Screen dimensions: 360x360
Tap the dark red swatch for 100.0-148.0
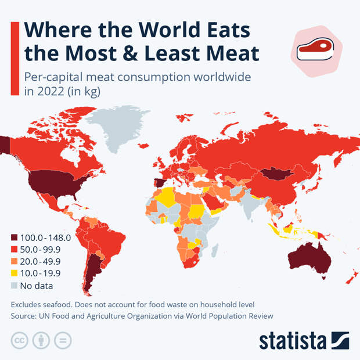coord(15,237)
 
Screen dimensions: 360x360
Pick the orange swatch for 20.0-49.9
coord(15,262)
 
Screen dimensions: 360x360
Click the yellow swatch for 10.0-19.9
coord(15,273)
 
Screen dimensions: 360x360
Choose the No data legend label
coord(36,286)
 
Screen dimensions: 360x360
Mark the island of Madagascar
coord(214,250)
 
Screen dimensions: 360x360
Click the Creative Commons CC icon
coord(20,341)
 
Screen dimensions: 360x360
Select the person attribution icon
coord(41,341)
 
